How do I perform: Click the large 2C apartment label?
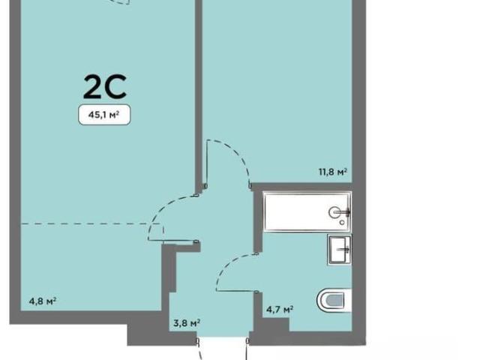[105, 87]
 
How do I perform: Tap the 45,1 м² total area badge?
[104, 115]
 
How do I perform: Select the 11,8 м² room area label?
[333, 172]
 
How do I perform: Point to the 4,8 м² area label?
[43, 301]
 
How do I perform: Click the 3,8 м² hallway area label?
[187, 323]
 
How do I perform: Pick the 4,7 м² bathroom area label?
[280, 310]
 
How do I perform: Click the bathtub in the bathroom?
[307, 211]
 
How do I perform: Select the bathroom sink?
[340, 250]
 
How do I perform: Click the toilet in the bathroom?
[334, 300]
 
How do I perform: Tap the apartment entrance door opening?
[223, 340]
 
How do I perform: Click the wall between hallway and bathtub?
[257, 219]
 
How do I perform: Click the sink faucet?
[343, 250]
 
